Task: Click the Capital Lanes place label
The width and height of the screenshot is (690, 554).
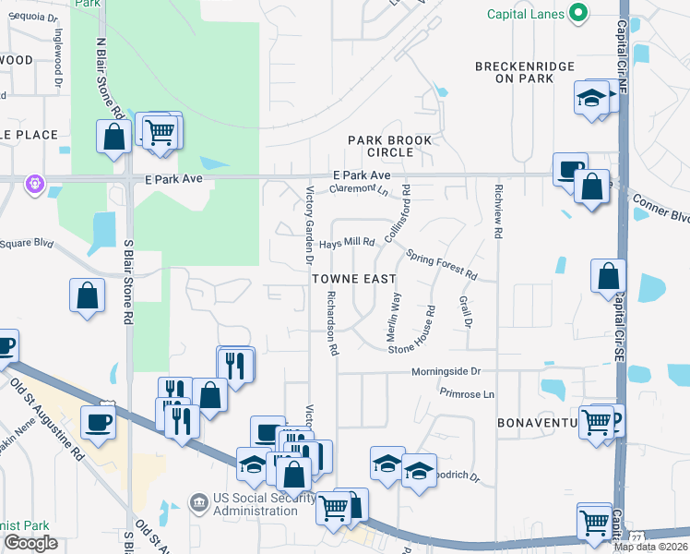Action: click(527, 13)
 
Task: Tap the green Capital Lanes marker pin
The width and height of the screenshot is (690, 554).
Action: click(578, 13)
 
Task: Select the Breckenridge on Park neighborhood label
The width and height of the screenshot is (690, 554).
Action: click(524, 72)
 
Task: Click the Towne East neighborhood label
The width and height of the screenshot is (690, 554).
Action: click(353, 278)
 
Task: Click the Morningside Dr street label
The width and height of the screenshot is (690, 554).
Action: click(446, 371)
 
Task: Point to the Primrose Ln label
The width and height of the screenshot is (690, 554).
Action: click(468, 394)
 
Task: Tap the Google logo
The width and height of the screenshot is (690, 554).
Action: click(30, 543)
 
